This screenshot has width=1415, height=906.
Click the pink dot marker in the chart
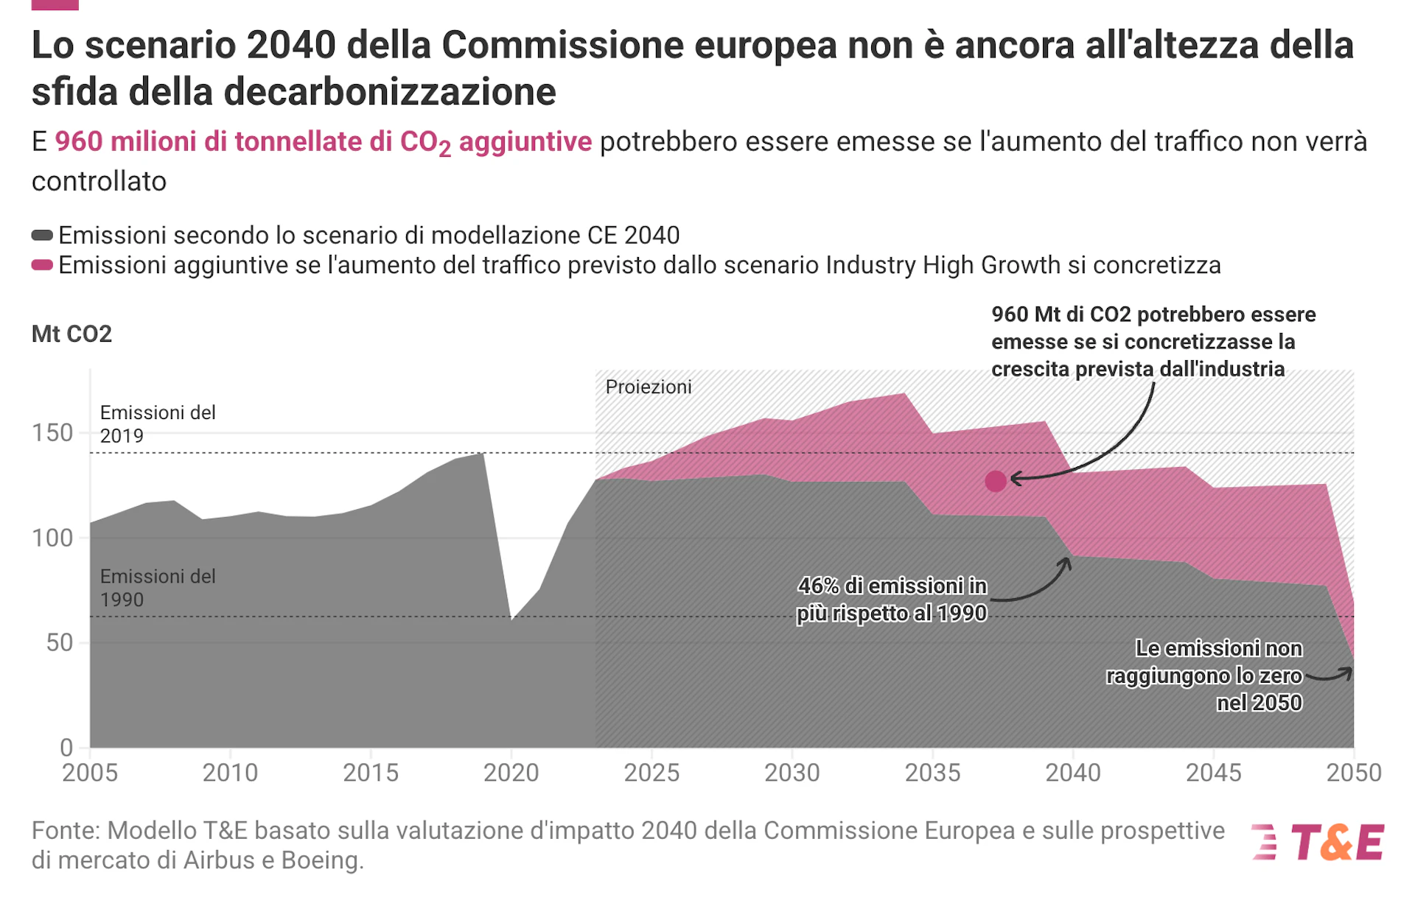point(996,481)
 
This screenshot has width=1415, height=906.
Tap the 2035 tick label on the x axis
point(932,773)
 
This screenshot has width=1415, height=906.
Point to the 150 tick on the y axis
point(52,433)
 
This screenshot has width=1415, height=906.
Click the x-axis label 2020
point(511,773)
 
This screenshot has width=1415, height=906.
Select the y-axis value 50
point(59,643)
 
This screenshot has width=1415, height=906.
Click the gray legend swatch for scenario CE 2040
point(42,235)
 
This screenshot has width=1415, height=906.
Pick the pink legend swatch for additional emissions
point(42,265)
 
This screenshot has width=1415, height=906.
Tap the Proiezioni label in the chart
point(649,387)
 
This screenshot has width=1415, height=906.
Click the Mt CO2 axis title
point(71,334)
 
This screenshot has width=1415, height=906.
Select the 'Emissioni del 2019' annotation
point(158,424)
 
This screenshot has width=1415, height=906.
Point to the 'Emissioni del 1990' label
point(158,588)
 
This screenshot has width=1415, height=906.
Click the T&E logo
point(1318,842)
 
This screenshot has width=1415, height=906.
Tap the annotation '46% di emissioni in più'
point(892,599)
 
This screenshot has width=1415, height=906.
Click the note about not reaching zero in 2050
point(1204,675)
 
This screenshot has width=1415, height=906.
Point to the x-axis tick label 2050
point(1353,773)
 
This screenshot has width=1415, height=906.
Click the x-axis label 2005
point(90,773)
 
